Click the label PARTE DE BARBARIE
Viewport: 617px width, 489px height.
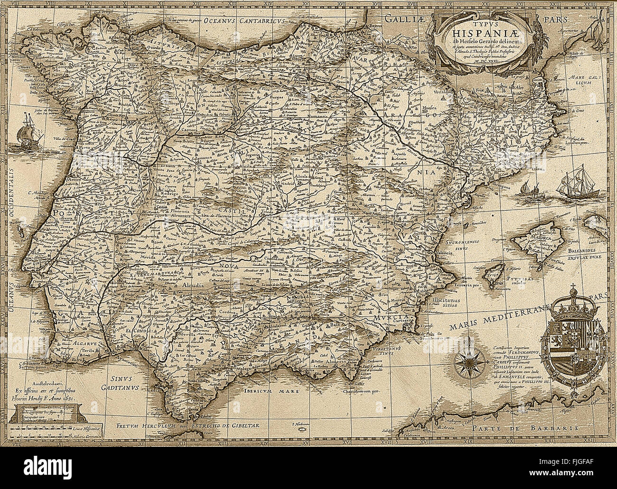point(525,427)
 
